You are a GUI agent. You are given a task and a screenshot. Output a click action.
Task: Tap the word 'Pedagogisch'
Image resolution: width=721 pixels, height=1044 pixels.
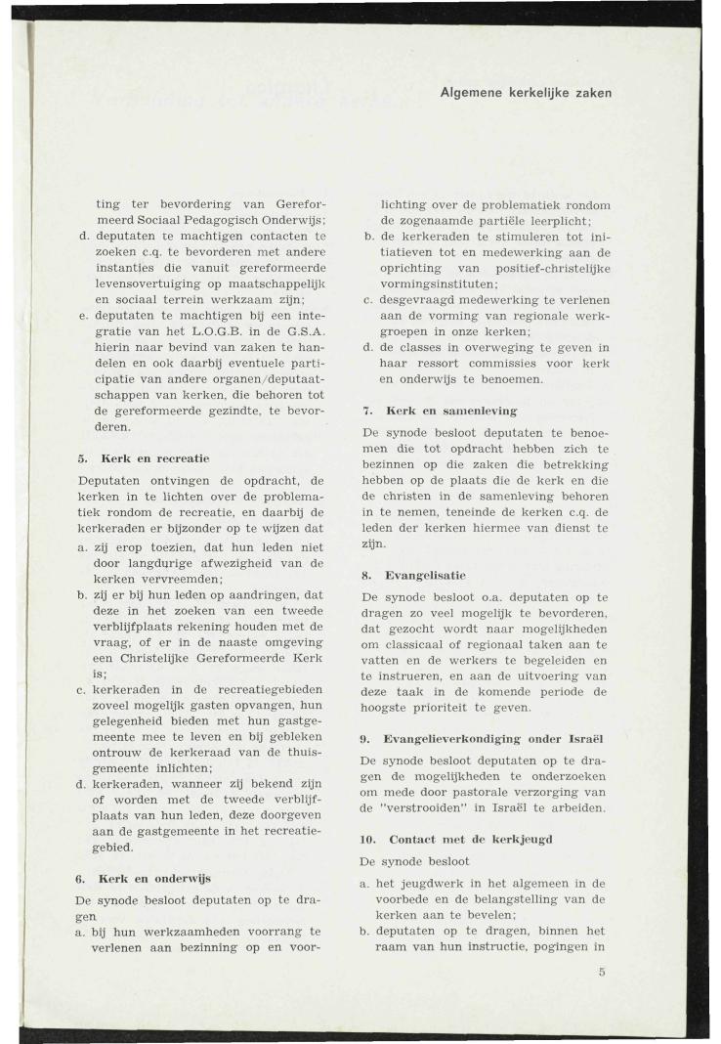224,220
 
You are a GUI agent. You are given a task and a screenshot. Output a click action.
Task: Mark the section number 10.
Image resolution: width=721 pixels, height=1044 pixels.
368,838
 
